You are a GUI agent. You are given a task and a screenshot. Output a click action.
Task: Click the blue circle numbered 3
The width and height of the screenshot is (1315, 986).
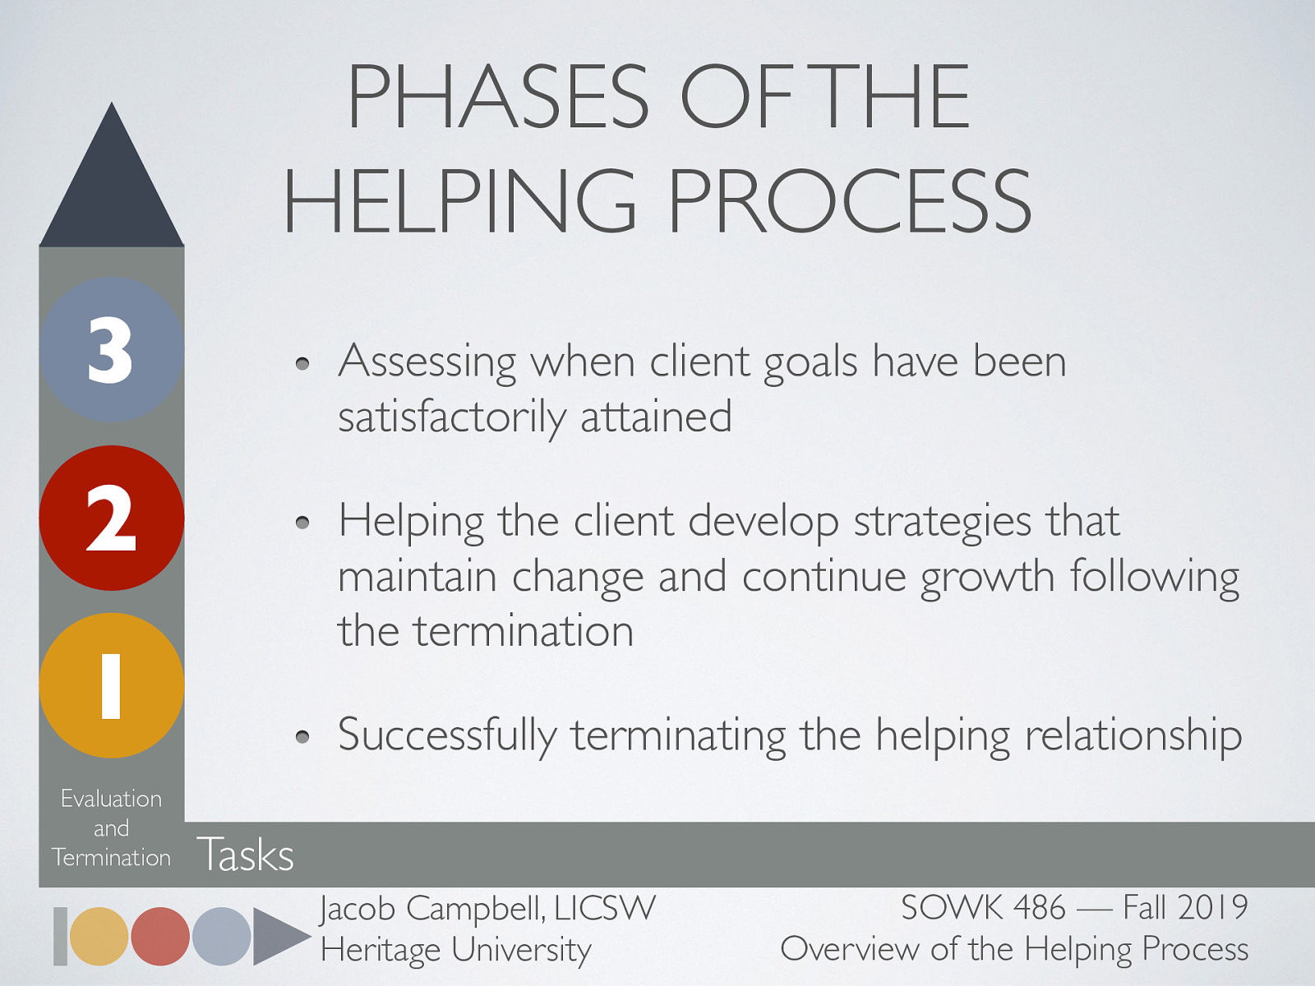coord(111,349)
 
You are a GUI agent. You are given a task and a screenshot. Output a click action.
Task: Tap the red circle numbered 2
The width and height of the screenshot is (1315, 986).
coord(111,518)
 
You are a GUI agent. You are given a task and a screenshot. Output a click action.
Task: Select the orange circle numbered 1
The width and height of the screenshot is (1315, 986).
coord(111,685)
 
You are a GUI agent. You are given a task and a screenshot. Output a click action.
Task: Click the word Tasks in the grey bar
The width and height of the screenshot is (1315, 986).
coord(245,855)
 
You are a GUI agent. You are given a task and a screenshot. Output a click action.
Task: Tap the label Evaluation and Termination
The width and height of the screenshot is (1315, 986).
coord(111,827)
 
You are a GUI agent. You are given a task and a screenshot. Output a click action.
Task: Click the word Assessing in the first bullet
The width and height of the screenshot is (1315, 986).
coord(427,362)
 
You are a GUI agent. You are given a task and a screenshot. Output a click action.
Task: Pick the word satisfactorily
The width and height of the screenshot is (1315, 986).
coord(450,417)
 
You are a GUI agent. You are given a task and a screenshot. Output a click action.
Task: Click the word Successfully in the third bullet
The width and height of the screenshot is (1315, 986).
coord(447,735)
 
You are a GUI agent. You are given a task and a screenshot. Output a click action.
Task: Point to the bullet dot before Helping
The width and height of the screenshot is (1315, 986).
coord(303,523)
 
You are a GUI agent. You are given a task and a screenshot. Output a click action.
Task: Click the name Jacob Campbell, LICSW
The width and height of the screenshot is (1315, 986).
coord(488,909)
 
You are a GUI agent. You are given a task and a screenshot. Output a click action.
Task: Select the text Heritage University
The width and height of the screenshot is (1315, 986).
coord(456,950)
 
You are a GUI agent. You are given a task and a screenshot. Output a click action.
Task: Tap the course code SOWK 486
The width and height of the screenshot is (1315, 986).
coord(983,908)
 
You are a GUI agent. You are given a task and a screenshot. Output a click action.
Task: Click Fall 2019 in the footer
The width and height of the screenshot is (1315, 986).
coord(1185,908)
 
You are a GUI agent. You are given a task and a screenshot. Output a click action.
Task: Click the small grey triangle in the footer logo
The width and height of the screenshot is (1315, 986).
coord(278,936)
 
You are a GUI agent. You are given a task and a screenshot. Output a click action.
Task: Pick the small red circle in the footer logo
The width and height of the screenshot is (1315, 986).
coord(160,936)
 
